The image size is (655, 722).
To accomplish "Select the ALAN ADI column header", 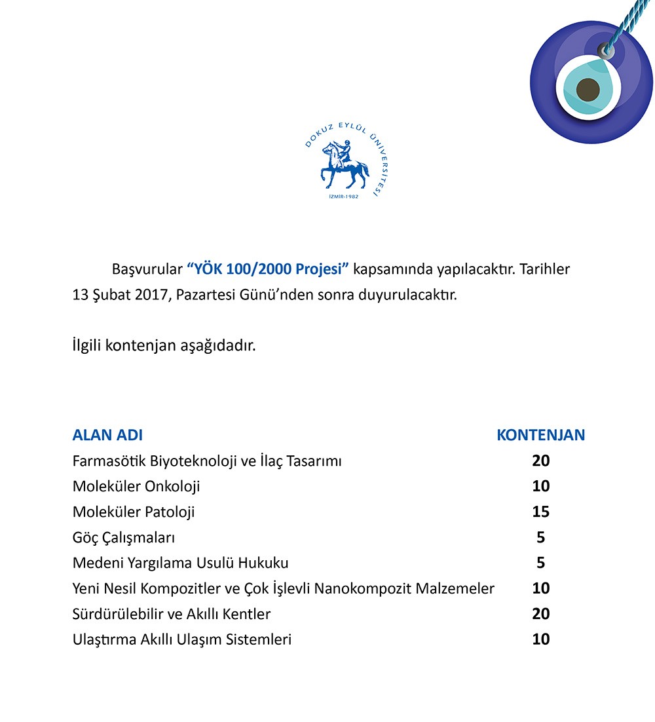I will coord(107,435).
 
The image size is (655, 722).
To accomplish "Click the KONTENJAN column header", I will coord(540,435).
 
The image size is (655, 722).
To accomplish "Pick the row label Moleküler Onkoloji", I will coord(136,486).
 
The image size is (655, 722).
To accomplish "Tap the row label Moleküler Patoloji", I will coord(134,512).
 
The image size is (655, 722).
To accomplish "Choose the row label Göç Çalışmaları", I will coord(124,537).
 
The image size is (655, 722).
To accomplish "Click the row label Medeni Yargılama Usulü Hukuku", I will coord(180,563).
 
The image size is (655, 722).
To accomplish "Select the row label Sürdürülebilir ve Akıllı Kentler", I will coord(172,614).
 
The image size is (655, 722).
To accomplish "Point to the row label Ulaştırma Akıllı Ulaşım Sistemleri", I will coord(181,639).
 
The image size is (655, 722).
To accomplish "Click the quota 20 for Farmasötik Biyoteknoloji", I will coord(540,461).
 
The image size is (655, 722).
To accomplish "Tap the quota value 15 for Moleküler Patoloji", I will coord(540,512).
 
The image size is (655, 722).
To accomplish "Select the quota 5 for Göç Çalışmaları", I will coord(540,537).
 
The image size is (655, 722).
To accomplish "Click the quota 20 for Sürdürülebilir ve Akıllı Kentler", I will coord(540,614).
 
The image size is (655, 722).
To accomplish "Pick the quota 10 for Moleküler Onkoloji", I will coord(540,486).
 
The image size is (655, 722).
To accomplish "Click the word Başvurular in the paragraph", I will coord(147,269).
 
